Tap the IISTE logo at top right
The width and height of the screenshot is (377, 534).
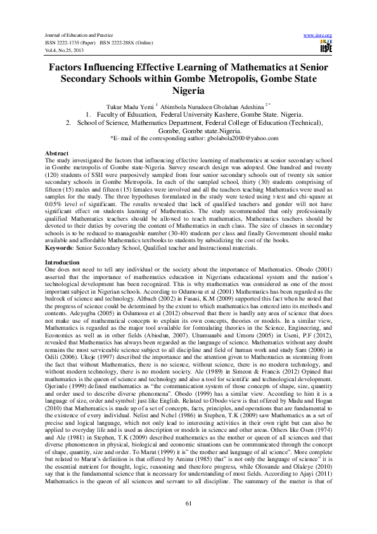click(326, 46)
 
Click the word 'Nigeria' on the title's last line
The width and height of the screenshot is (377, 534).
click(188, 91)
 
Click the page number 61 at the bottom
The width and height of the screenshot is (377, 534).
click(188, 504)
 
